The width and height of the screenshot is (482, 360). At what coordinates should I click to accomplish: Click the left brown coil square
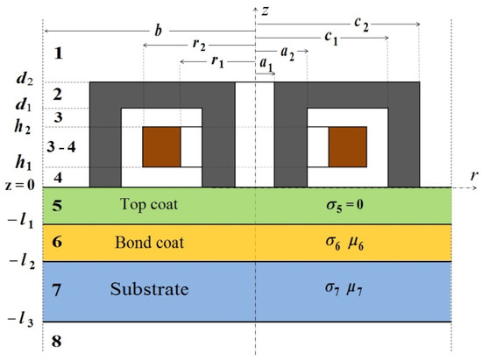161,147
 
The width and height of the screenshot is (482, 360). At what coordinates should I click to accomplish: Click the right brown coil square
348,147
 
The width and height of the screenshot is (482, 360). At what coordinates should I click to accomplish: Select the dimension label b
157,32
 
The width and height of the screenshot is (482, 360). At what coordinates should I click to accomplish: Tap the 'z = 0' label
21,186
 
